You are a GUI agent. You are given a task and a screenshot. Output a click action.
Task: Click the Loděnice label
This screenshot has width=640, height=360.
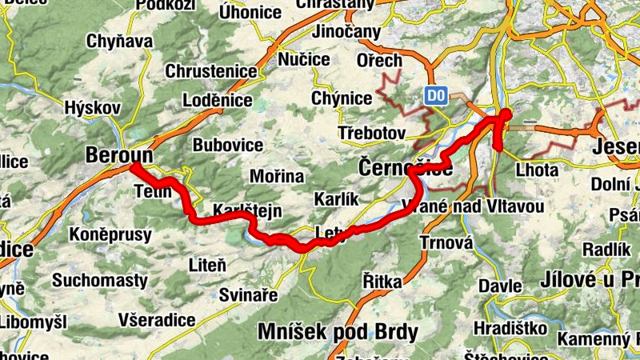(218, 101)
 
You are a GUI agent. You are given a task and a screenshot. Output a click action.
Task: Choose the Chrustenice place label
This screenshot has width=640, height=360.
(211, 71)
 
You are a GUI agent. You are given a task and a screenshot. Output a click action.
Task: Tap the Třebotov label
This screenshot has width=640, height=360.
(372, 132)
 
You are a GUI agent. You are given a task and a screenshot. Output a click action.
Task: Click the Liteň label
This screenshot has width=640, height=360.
(206, 264)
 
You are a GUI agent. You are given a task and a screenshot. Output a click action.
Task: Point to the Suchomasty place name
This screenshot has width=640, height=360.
(100, 281)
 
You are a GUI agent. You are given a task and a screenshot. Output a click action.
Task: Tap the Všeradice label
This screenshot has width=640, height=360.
(156, 319)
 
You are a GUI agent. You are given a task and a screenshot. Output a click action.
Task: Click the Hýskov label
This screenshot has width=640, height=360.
(92, 108)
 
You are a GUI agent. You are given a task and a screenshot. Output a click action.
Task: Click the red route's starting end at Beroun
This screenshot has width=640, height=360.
(134, 166)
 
